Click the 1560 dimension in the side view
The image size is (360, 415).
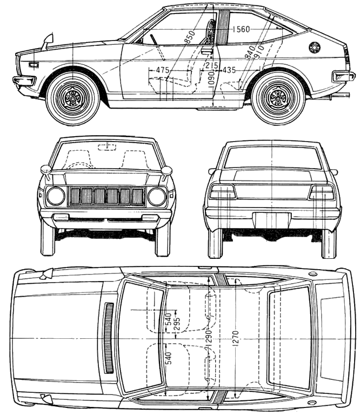(x=241, y=29)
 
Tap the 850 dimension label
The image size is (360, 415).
(x=190, y=37)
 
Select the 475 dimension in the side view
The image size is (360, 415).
(x=162, y=70)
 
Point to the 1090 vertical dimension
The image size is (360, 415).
(x=211, y=78)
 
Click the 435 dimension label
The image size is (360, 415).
(x=229, y=70)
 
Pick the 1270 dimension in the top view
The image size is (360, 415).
(x=236, y=338)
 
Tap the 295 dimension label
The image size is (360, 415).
(x=177, y=323)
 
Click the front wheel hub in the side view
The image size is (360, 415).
(x=74, y=98)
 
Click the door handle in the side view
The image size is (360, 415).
(x=206, y=51)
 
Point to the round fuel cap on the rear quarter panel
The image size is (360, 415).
(x=315, y=48)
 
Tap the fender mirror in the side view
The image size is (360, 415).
(x=48, y=41)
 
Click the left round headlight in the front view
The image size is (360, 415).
(x=56, y=196)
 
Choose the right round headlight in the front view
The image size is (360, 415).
(x=157, y=196)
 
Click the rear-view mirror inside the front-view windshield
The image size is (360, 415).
(x=107, y=147)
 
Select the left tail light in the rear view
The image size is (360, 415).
(x=222, y=192)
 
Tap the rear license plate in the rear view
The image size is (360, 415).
(x=272, y=220)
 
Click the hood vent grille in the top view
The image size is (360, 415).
(x=109, y=338)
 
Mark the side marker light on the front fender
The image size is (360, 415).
(x=34, y=65)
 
